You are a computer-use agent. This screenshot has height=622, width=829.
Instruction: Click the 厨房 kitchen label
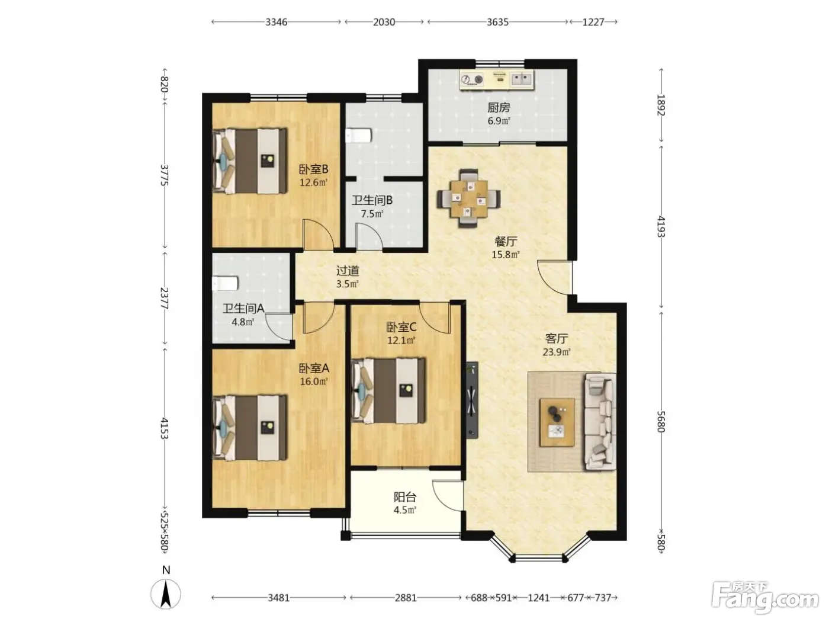click(498, 108)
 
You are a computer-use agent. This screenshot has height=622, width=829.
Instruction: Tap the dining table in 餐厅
click(468, 198)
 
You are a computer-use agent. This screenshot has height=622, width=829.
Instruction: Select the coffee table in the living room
click(557, 422)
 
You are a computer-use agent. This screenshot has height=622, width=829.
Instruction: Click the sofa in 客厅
click(600, 422)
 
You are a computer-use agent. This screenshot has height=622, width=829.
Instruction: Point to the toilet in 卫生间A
click(225, 283)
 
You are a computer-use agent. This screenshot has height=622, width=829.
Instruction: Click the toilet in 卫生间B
click(359, 136)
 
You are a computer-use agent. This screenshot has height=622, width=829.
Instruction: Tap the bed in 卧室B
click(249, 161)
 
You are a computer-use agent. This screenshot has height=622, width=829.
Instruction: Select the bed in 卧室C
click(388, 390)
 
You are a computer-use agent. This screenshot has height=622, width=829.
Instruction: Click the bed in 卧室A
click(249, 428)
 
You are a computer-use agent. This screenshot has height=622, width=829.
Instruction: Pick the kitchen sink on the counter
click(521, 79)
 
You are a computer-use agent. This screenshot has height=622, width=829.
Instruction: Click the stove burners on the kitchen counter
click(473, 80)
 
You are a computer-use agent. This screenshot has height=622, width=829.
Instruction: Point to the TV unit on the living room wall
click(472, 400)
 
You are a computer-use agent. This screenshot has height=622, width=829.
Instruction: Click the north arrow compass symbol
click(166, 591)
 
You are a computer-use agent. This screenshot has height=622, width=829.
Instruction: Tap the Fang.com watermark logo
click(764, 597)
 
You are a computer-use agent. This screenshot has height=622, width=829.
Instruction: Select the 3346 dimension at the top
click(276, 22)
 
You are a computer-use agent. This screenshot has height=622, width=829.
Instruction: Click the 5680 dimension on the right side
click(661, 421)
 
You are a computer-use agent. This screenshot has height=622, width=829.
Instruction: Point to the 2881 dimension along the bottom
click(406, 598)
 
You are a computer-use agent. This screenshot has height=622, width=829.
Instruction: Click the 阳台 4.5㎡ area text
click(405, 504)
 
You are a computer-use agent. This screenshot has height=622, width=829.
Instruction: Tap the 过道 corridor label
click(348, 271)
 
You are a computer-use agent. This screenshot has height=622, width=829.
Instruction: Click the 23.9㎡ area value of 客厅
click(556, 352)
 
